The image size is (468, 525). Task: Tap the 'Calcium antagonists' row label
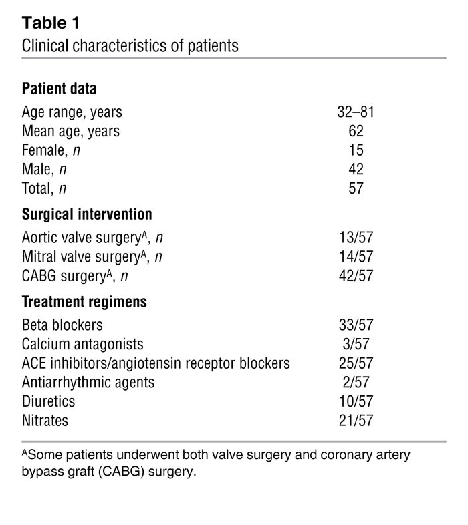[82, 345]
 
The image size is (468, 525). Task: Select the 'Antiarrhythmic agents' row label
[88, 383]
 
